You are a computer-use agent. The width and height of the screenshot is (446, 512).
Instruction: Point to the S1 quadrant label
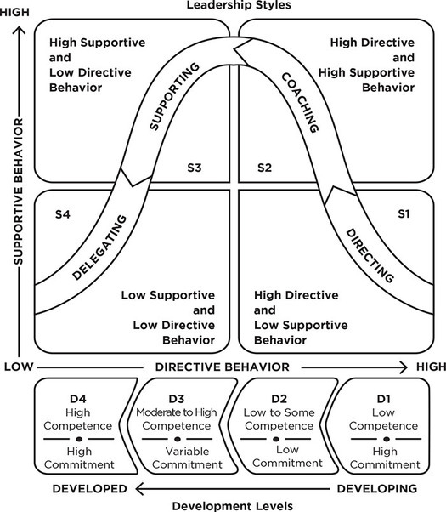coord(404,215)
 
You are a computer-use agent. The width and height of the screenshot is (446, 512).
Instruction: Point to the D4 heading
coord(78,398)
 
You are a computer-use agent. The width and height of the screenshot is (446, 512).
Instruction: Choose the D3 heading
coord(177,398)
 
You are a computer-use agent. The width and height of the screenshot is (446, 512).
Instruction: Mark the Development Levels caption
coord(232,505)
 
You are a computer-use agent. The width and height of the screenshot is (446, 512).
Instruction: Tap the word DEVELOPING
coord(378,488)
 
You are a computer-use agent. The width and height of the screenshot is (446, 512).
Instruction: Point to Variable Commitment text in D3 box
coord(177,458)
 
